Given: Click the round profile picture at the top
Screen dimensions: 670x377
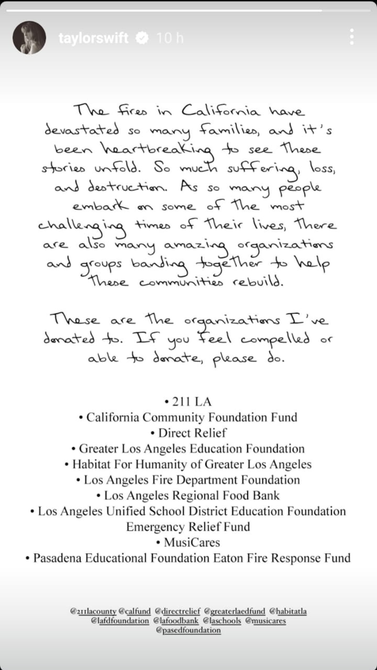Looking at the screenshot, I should [x=29, y=38].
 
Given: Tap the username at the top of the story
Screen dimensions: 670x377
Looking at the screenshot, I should [x=93, y=38].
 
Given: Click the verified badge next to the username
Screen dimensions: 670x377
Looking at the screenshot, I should [x=143, y=38].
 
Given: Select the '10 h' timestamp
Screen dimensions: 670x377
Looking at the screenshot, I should [x=170, y=38].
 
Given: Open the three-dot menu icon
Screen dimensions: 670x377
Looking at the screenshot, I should [x=351, y=37].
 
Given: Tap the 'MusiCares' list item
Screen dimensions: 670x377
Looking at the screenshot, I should [x=189, y=542].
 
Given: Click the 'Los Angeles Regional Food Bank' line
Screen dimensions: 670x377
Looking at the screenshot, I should [x=189, y=496].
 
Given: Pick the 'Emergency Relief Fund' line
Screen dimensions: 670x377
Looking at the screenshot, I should [x=188, y=527].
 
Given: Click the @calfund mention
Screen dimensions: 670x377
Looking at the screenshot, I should [x=135, y=611].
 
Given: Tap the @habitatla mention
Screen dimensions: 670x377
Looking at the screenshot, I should [x=288, y=611].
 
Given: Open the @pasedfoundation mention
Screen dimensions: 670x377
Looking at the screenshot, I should [x=188, y=630].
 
